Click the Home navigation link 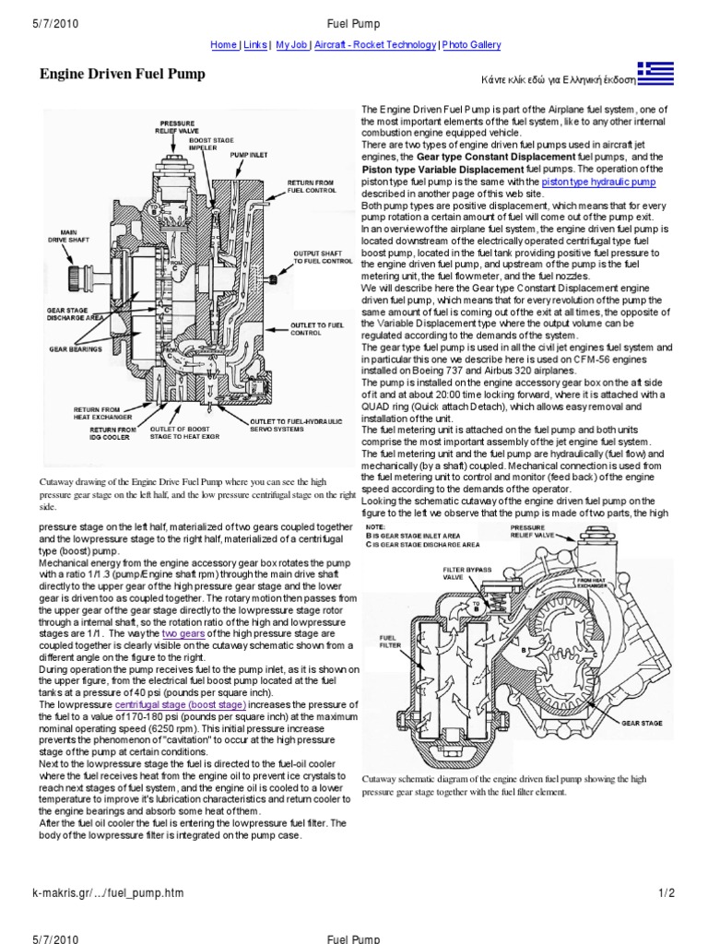tap(223, 44)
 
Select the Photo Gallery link tap(471, 44)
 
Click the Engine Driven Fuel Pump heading tap(122, 74)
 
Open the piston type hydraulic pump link tap(598, 183)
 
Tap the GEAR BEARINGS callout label tap(76, 350)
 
